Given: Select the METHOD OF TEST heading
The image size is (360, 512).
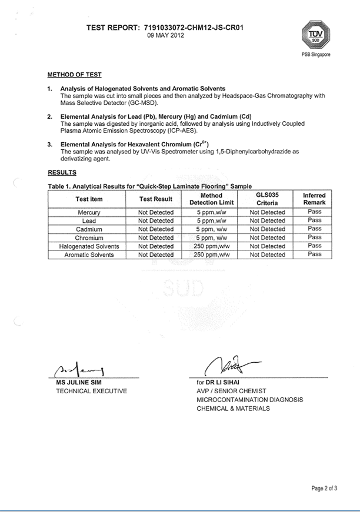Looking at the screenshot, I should click(x=74, y=75).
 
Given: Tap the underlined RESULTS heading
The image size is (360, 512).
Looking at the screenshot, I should click(x=62, y=172).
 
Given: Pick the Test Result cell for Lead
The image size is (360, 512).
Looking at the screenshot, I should click(x=156, y=220).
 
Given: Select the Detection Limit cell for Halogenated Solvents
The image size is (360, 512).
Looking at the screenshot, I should click(x=211, y=246).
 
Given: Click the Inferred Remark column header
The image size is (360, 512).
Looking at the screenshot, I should click(x=314, y=199).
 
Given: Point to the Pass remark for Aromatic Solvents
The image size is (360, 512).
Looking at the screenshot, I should click(x=315, y=255).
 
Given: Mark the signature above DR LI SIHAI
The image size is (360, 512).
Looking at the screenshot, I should click(x=228, y=365).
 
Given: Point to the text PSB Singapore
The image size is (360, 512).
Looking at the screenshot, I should click(x=315, y=54).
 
